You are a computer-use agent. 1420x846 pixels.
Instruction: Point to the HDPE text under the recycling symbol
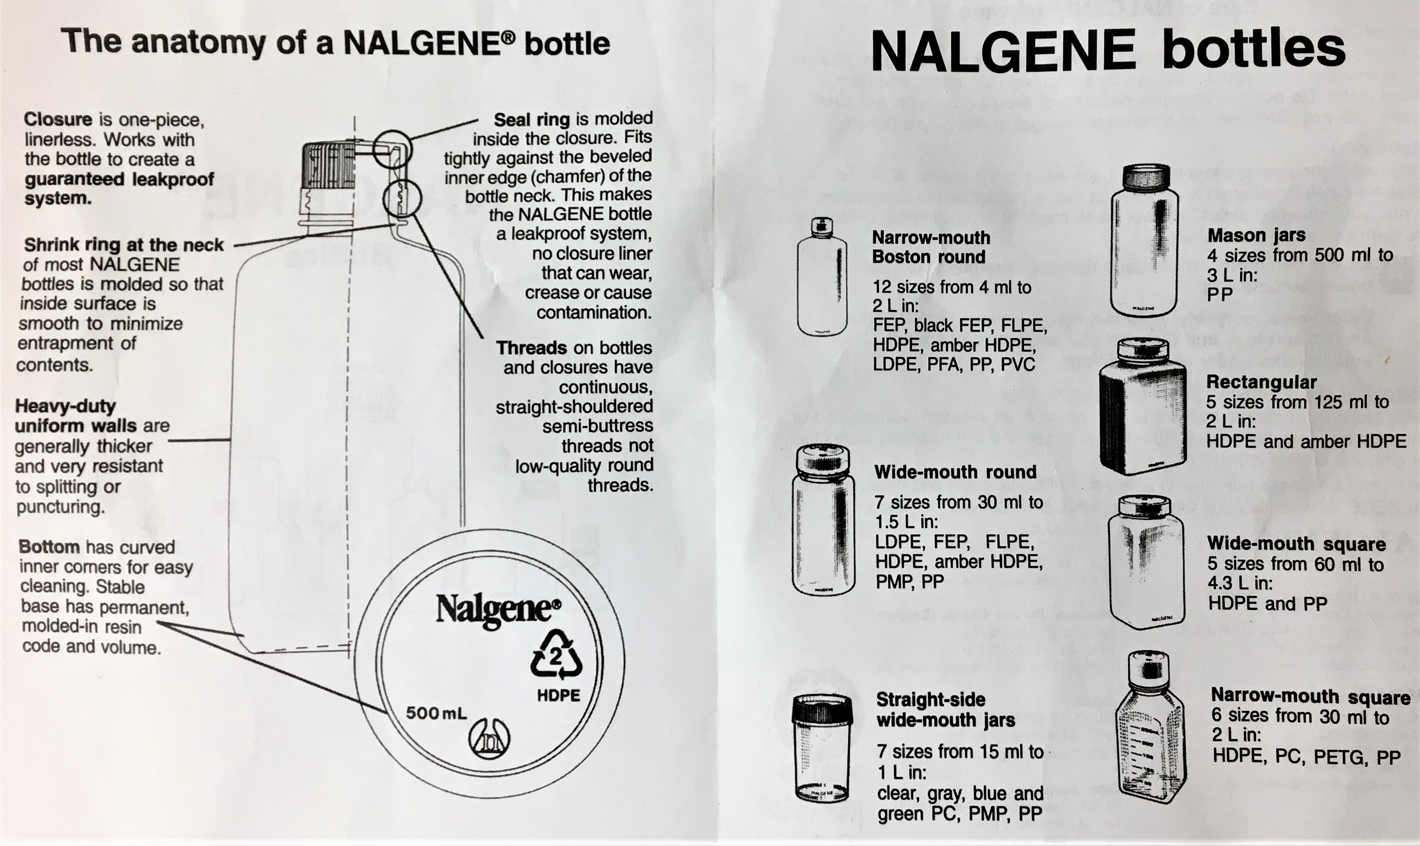click(x=559, y=695)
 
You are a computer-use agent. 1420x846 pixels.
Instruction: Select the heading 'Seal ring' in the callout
click(x=532, y=119)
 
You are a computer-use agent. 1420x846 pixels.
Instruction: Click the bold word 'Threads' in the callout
click(x=532, y=348)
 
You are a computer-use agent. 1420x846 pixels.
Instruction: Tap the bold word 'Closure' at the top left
click(x=57, y=119)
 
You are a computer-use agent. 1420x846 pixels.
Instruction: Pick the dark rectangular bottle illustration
click(x=1142, y=408)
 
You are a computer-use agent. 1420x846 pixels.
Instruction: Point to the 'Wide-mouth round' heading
click(x=955, y=472)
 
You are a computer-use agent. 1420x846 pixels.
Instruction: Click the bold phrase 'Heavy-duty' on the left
click(x=65, y=406)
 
